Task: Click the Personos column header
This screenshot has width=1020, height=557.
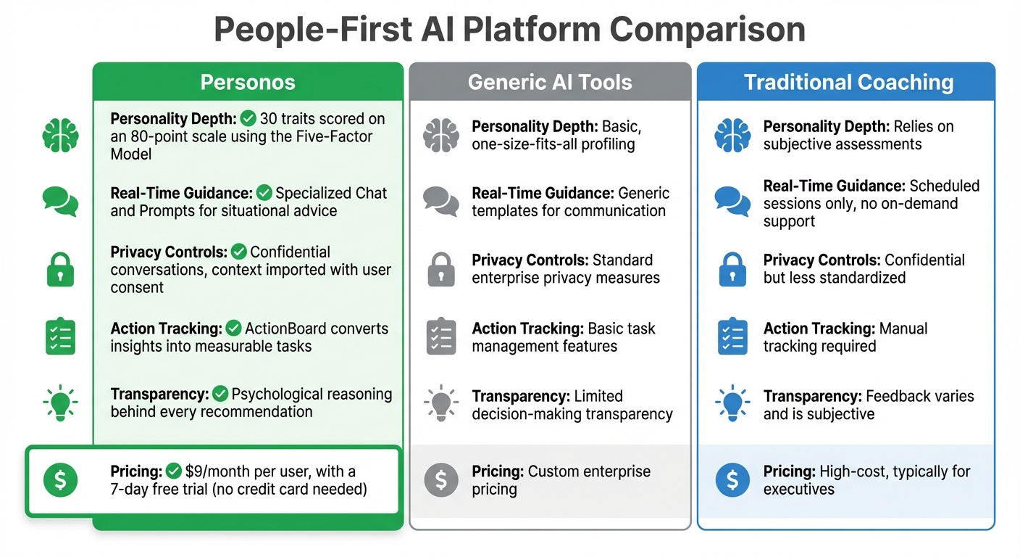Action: [248, 82]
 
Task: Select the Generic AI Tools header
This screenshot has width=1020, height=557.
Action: [550, 82]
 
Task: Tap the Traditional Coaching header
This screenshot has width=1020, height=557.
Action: [848, 82]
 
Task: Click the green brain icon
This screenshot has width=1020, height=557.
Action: [60, 136]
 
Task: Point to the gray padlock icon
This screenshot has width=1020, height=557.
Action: [441, 269]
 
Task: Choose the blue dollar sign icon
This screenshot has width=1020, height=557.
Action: [732, 480]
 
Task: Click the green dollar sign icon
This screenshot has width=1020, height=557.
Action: [60, 480]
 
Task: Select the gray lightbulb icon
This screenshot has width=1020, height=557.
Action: [441, 403]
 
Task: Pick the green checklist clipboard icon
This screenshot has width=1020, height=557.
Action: [60, 337]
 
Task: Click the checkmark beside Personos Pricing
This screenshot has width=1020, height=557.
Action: [174, 471]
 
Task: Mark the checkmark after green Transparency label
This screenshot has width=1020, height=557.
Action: [220, 394]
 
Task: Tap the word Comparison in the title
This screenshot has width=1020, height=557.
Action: [707, 30]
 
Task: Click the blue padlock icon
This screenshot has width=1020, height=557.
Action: [732, 269]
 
